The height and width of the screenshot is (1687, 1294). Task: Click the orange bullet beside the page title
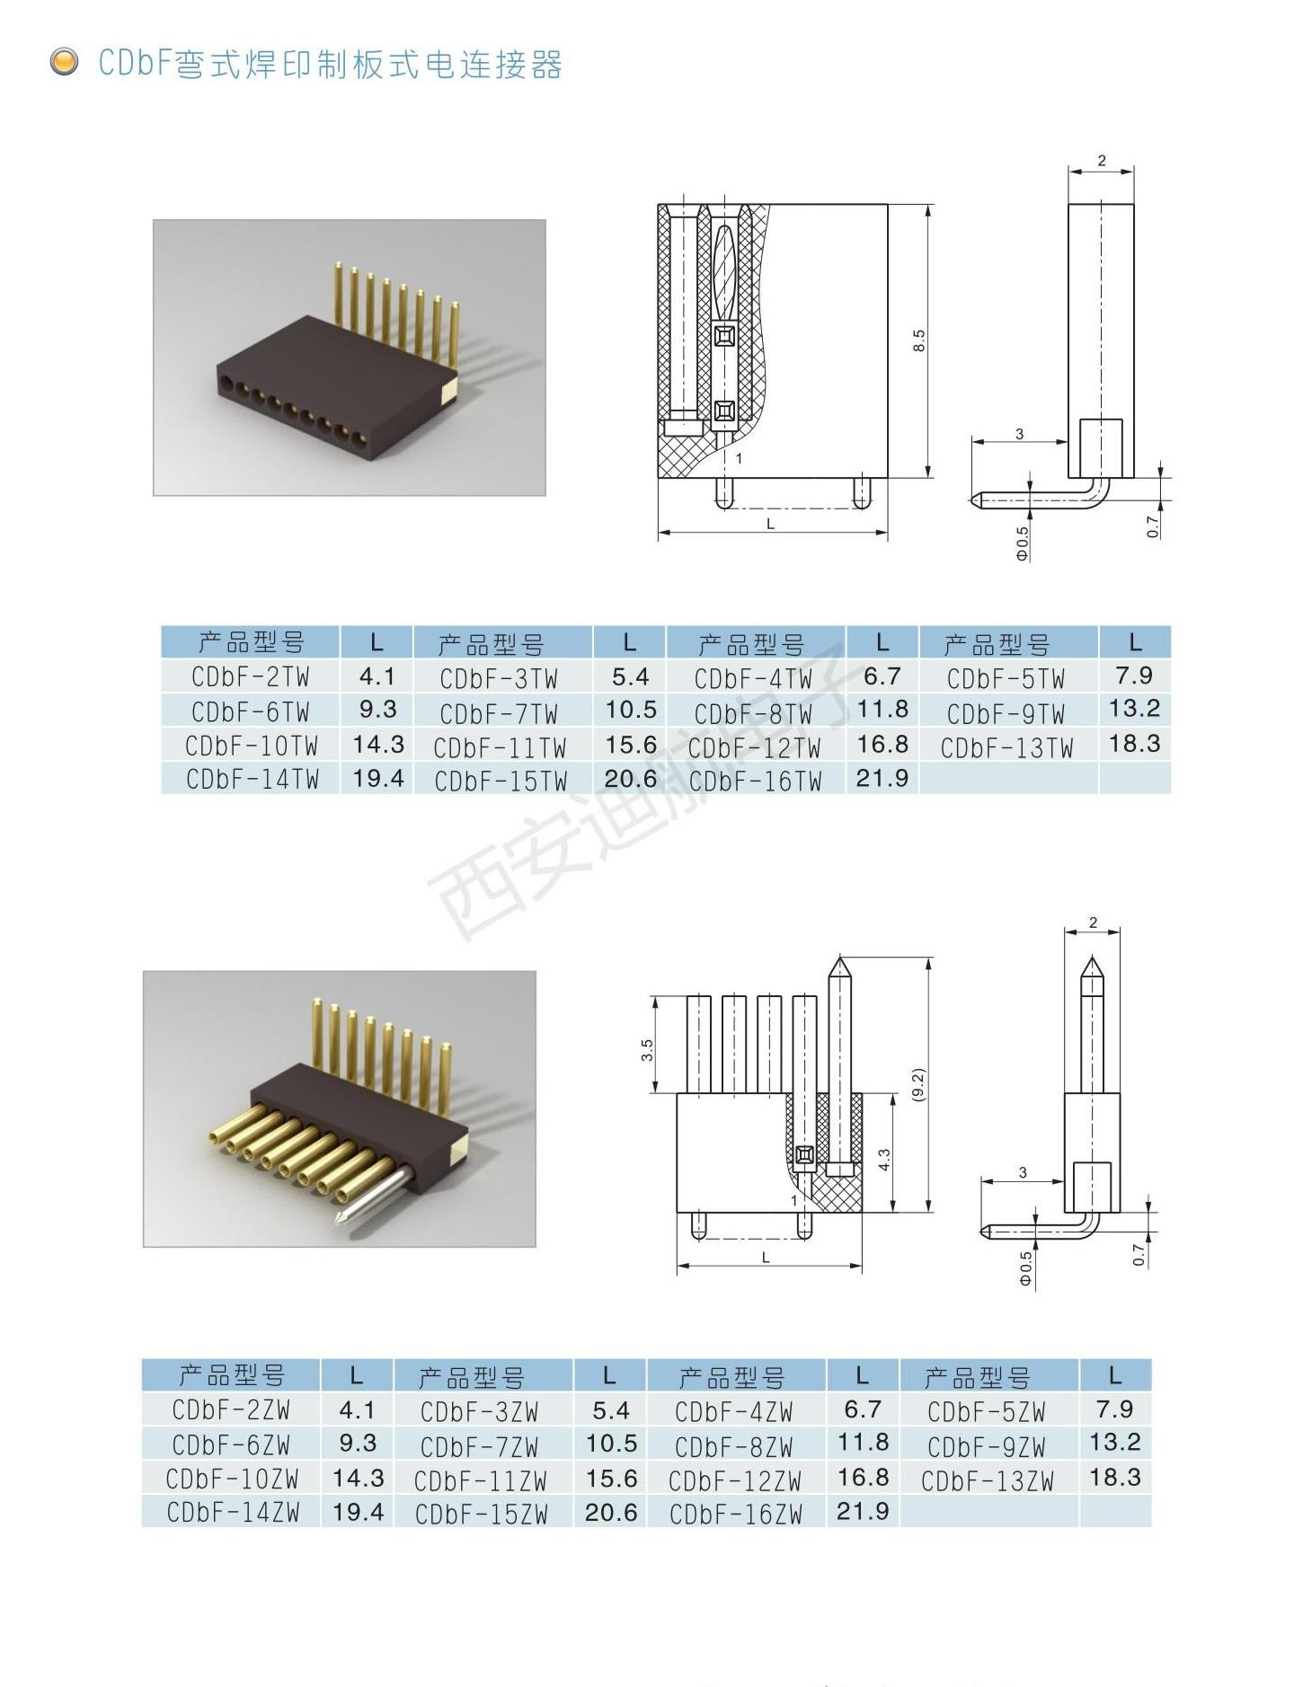click(x=64, y=62)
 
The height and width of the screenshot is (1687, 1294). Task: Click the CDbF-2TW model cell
click(x=251, y=677)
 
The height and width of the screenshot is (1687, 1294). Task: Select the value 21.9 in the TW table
click(x=882, y=778)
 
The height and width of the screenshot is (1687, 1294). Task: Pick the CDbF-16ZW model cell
click(x=736, y=1515)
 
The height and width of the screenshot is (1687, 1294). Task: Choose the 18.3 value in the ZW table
click(x=1114, y=1478)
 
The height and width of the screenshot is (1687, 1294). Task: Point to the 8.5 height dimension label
click(x=918, y=340)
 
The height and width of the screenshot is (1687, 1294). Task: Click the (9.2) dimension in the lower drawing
click(x=917, y=1084)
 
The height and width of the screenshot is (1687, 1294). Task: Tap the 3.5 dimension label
click(x=647, y=1050)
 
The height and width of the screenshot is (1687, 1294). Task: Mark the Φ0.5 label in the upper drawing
click(x=1022, y=543)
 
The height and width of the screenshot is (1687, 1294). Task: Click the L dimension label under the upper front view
click(x=770, y=524)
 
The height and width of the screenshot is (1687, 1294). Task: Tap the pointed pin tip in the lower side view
click(x=1092, y=958)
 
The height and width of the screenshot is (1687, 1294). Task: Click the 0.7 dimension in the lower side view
click(x=1139, y=1255)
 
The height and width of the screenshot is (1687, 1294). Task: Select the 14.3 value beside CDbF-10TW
click(x=378, y=745)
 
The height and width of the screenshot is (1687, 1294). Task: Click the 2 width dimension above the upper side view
click(x=1102, y=161)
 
